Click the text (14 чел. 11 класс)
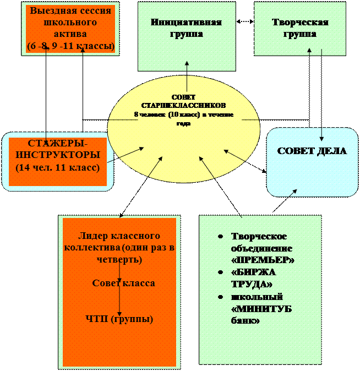point(58,166)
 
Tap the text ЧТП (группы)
point(119,319)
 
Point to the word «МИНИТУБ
point(261,309)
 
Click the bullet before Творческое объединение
point(220,237)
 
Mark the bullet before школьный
point(220,298)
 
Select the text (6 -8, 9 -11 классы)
point(70,45)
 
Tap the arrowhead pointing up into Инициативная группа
point(187,64)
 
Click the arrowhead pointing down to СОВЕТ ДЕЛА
point(321,139)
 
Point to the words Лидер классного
point(119,236)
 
